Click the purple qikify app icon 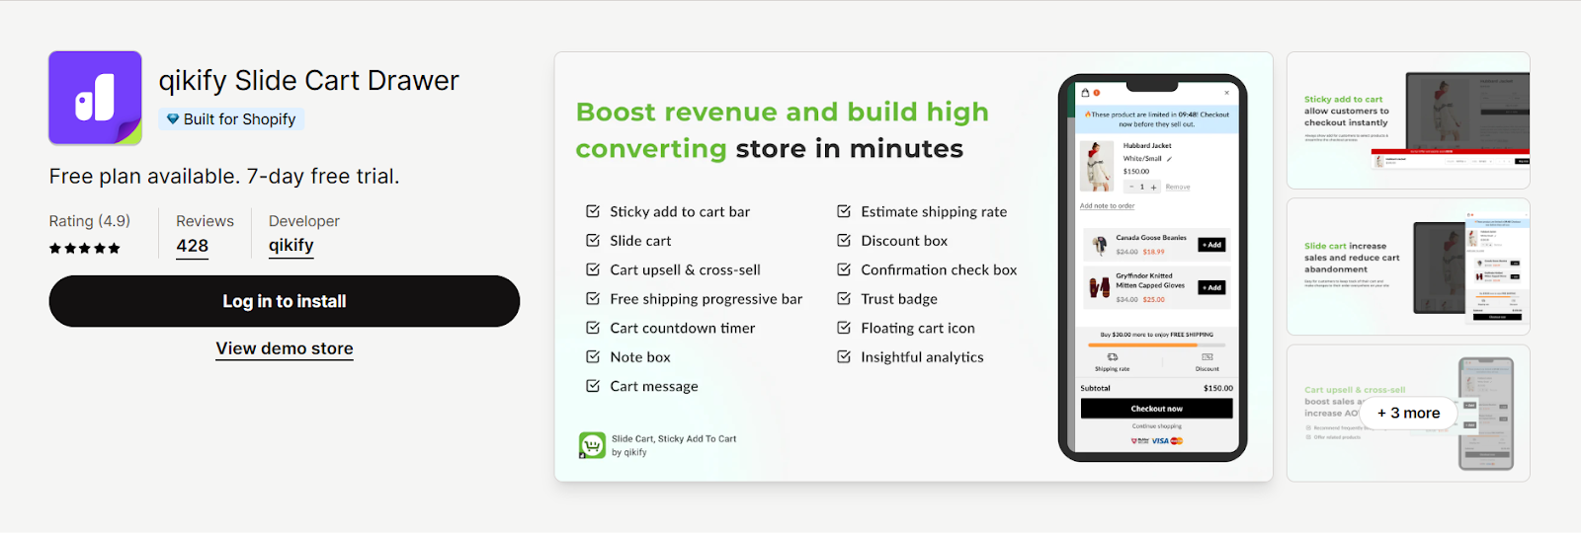[95, 98]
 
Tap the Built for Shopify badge [231, 119]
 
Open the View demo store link [285, 348]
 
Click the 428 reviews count [192, 247]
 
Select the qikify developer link [291, 246]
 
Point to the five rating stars [85, 249]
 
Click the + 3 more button [1408, 414]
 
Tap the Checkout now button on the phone [1156, 409]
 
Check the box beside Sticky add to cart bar [593, 211]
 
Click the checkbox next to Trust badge [844, 298]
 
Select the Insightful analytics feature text [922, 357]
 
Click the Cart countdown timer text [682, 328]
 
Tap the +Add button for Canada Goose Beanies [1211, 245]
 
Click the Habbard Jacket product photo [1096, 166]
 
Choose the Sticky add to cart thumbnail [1408, 120]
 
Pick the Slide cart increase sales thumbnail [1408, 268]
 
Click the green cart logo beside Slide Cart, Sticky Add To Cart [592, 446]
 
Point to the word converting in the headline [651, 149]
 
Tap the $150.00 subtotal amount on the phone [1217, 389]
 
